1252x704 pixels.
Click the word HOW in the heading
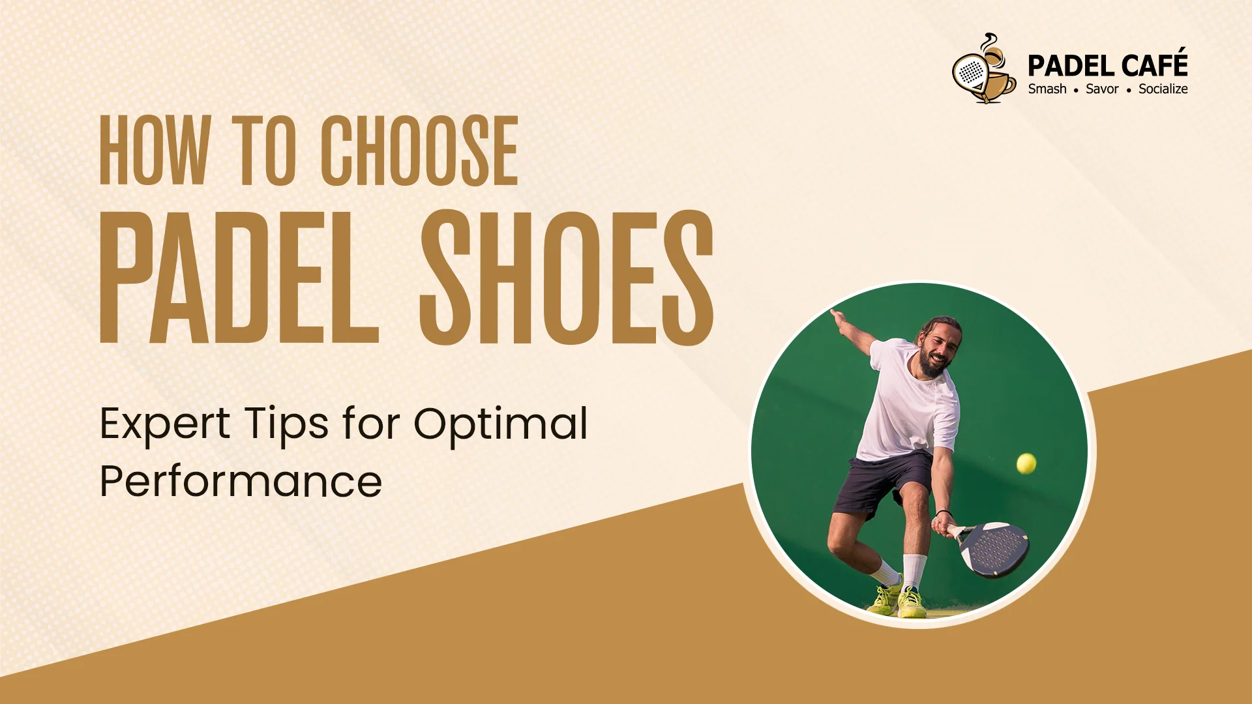tap(155, 151)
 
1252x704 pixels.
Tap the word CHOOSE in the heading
tap(419, 151)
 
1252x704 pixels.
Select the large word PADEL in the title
tap(239, 278)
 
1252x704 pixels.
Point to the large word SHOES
tap(566, 278)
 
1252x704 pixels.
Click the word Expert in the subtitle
tap(165, 425)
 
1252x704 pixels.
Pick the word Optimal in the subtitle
tap(501, 425)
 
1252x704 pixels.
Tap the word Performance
tap(241, 482)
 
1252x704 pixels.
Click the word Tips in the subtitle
tap(287, 425)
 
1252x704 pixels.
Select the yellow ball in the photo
tap(1026, 463)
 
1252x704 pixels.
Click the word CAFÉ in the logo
tap(1155, 66)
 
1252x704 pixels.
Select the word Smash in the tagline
tap(1047, 89)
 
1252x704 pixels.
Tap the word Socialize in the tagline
tap(1163, 89)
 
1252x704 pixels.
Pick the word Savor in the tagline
tap(1102, 89)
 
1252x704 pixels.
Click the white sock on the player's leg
tap(914, 570)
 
